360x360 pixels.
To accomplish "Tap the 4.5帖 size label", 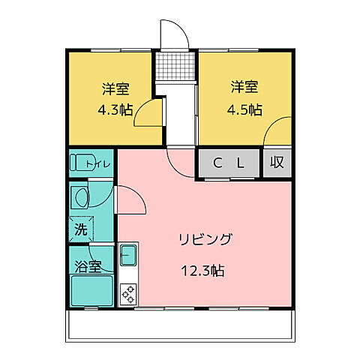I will [244, 109].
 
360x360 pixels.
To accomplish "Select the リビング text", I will [205, 240].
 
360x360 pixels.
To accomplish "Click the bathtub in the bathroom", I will [91, 291].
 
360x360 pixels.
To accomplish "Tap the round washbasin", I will [80, 198].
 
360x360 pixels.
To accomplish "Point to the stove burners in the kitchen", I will [127, 292].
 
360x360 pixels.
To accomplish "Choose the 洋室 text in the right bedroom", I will [244, 87].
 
